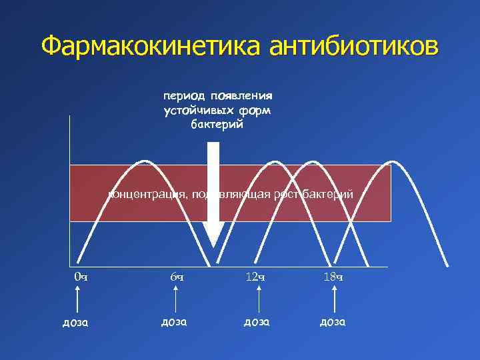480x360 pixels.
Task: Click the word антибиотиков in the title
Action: pyautogui.click(x=355, y=47)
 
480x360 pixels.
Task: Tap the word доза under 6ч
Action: pyautogui.click(x=173, y=321)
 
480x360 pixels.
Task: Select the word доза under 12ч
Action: pyautogui.click(x=256, y=321)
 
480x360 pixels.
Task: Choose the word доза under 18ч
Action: pyautogui.click(x=333, y=321)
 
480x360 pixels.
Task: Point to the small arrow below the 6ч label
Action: pyautogui.click(x=176, y=297)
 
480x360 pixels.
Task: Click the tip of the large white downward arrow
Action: pyautogui.click(x=214, y=246)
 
